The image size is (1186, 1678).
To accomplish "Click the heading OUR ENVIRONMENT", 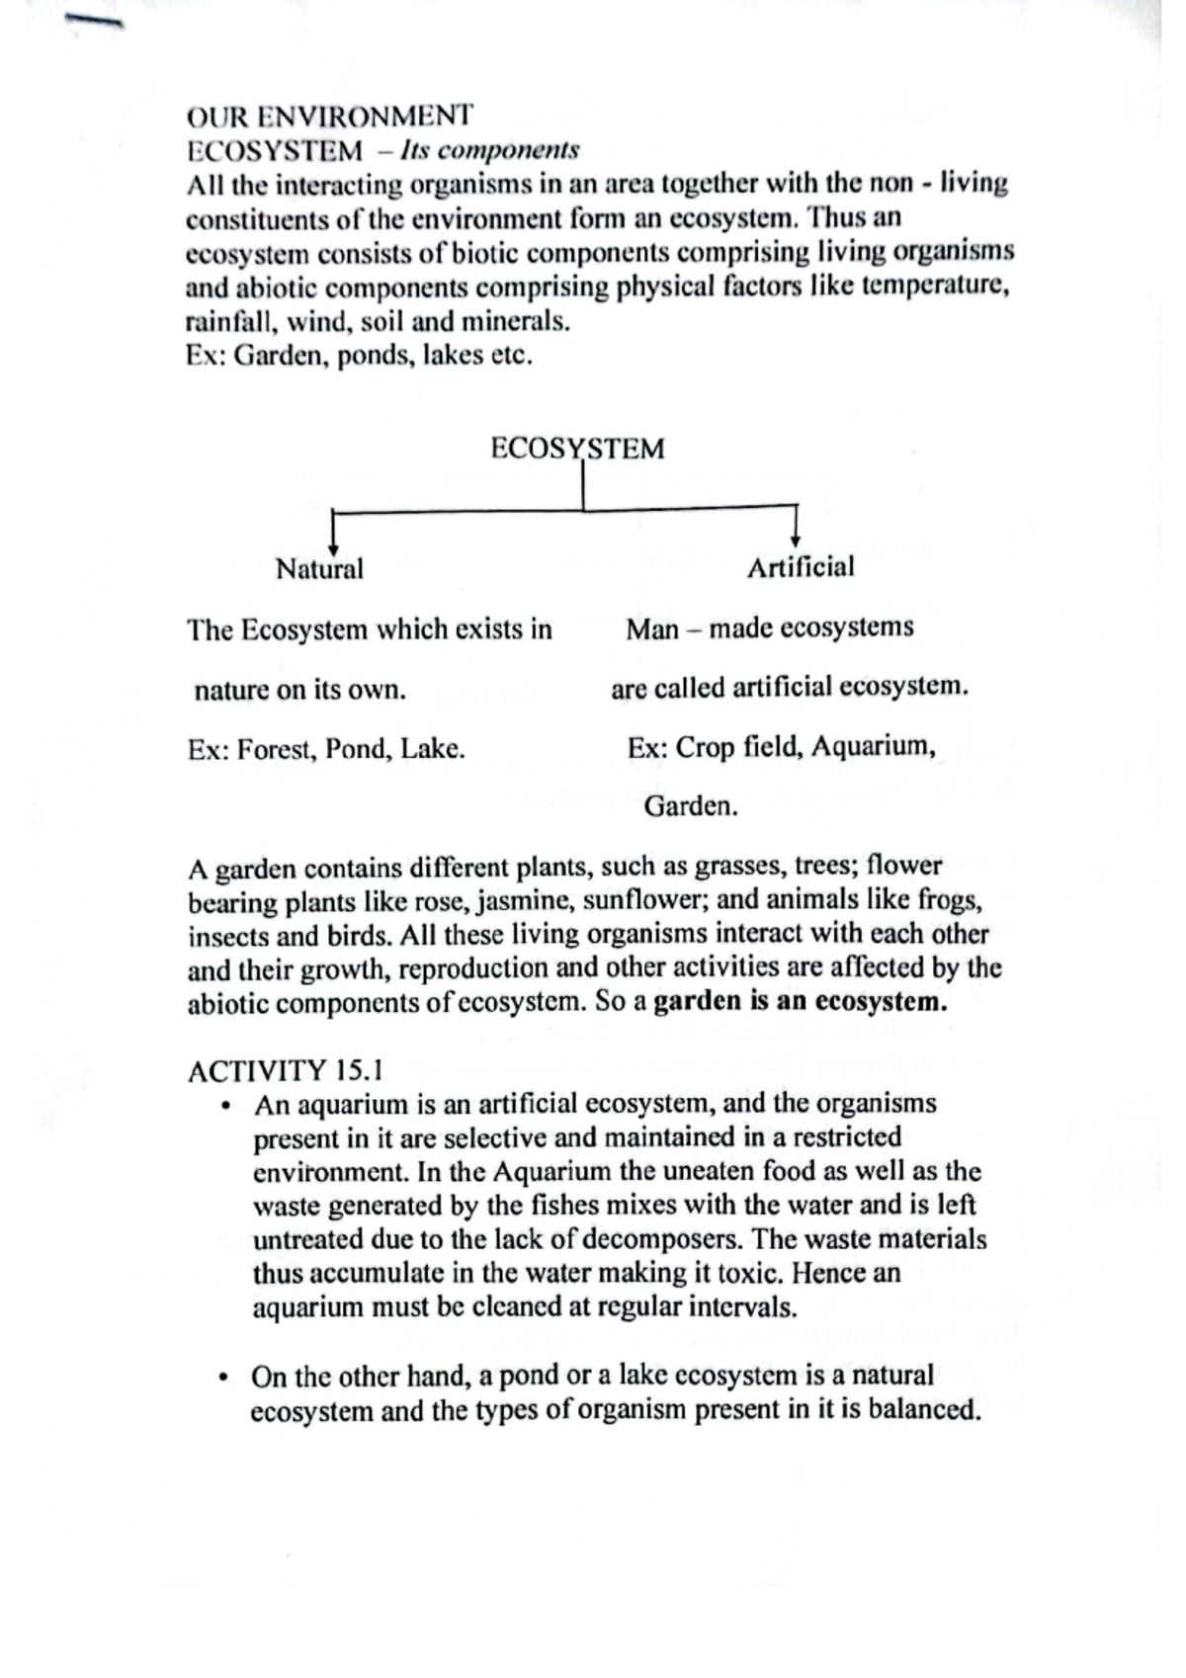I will pyautogui.click(x=329, y=117).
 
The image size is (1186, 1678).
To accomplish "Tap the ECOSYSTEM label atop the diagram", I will pyautogui.click(x=577, y=449).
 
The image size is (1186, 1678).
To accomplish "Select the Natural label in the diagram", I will pyautogui.click(x=319, y=569).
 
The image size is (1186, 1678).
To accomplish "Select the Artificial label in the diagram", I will pyautogui.click(x=800, y=567).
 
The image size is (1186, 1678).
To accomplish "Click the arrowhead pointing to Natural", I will pyautogui.click(x=334, y=548).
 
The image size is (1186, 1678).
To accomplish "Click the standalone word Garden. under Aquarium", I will pyautogui.click(x=691, y=806).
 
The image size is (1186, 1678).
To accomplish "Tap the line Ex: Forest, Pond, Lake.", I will pyautogui.click(x=326, y=749).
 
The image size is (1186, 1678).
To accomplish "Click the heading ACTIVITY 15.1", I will pyautogui.click(x=286, y=1071).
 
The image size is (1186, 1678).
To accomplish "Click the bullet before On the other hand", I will pyautogui.click(x=226, y=1378).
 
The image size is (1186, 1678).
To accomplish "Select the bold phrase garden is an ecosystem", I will pyautogui.click(x=801, y=1002).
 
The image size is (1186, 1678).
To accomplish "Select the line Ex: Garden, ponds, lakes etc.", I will pyautogui.click(x=359, y=356).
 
